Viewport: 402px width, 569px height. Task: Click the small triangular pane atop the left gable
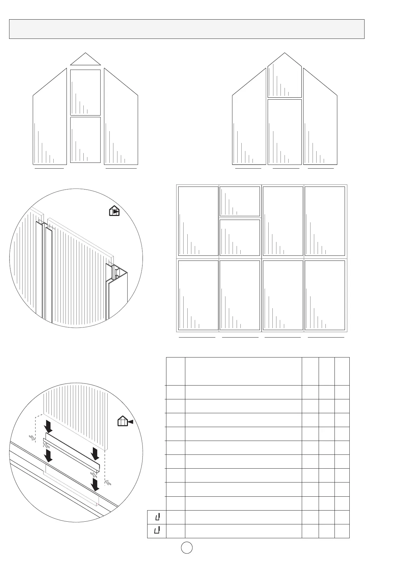pyautogui.click(x=85, y=60)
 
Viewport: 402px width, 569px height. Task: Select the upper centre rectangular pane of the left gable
pyautogui.click(x=85, y=92)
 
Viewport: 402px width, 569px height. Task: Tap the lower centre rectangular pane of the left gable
pyautogui.click(x=85, y=140)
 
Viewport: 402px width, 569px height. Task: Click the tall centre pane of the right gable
pyautogui.click(x=285, y=132)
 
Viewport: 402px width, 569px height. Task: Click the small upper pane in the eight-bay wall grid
pyautogui.click(x=240, y=201)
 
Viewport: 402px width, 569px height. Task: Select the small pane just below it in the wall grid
pyautogui.click(x=240, y=238)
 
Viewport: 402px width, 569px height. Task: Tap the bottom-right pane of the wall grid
pyautogui.click(x=325, y=295)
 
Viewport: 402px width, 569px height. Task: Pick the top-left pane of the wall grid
pyautogui.click(x=198, y=221)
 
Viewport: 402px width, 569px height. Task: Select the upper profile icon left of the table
pyautogui.click(x=157, y=517)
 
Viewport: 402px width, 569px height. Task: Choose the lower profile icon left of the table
pyautogui.click(x=157, y=530)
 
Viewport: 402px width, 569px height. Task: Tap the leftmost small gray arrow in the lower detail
pyautogui.click(x=32, y=438)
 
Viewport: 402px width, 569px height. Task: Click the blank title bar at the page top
pyautogui.click(x=187, y=29)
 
